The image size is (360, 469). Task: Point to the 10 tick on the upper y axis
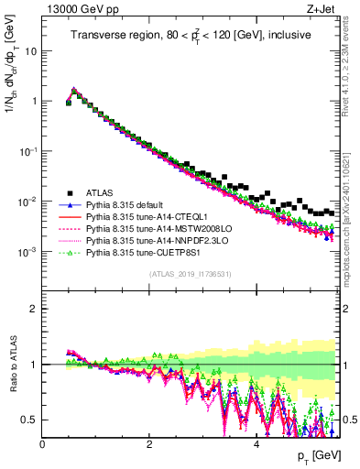click(x=29, y=50)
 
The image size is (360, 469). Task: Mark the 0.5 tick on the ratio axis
click(x=29, y=420)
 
